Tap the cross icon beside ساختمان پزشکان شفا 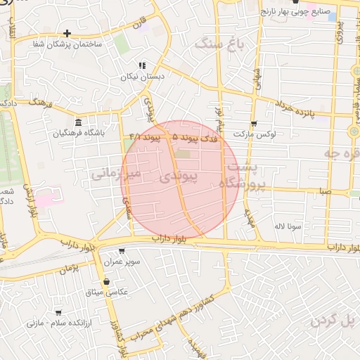click(67, 33)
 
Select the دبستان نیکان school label click(149, 75)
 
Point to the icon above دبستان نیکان click(143, 65)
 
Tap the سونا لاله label click(288, 226)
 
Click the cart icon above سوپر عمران click(122, 251)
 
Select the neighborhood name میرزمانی click(116, 172)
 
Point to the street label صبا click(323, 190)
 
